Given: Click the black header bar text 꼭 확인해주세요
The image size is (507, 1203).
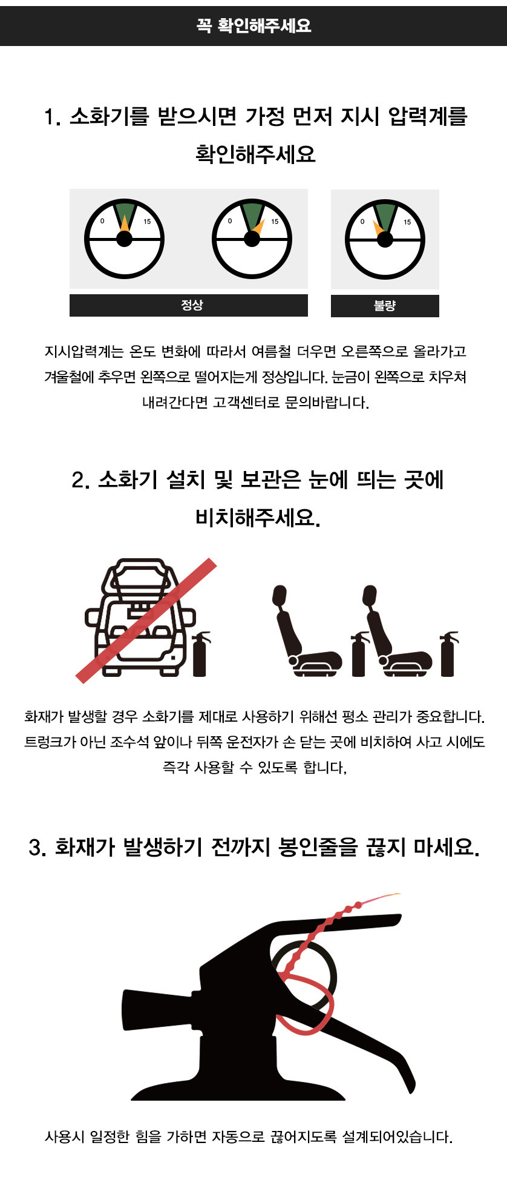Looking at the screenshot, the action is [x=253, y=25].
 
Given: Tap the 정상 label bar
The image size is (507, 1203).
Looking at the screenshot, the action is [x=189, y=305].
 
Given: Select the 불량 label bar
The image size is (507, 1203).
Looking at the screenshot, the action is [x=385, y=306].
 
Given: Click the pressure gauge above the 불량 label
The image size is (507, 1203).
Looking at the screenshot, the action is [x=385, y=239].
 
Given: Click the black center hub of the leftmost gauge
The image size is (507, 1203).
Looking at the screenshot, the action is [x=124, y=239].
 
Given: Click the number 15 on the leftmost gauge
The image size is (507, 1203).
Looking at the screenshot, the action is [x=147, y=222].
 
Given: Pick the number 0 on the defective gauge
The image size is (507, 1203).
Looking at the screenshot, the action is [x=362, y=222].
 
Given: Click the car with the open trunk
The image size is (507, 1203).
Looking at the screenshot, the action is [x=140, y=617].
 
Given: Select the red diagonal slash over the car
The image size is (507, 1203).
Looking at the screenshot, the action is [x=146, y=621].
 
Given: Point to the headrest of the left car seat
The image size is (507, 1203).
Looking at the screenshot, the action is [x=280, y=596].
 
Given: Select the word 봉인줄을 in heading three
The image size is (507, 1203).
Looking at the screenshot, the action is [x=318, y=846].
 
